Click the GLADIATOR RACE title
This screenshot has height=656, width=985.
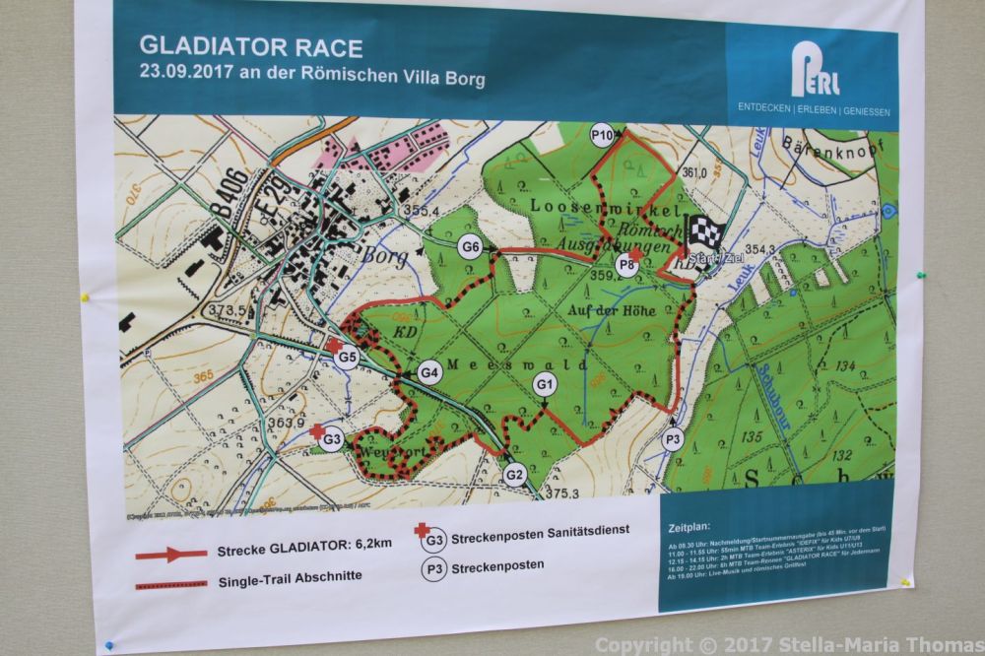coord(251,47)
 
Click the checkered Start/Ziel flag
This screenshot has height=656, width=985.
coord(705,233)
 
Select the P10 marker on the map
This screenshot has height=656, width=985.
coord(602,134)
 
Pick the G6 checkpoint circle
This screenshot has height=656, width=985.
coord(472,247)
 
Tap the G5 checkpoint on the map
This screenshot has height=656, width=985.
coord(346,359)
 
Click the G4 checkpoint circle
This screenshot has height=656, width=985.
coord(428,373)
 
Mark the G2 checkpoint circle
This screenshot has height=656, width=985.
coord(514,474)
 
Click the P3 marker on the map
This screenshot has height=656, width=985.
coord(673,440)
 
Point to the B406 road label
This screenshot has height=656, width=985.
coord(226,198)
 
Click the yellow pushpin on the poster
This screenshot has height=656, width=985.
coord(85,295)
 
